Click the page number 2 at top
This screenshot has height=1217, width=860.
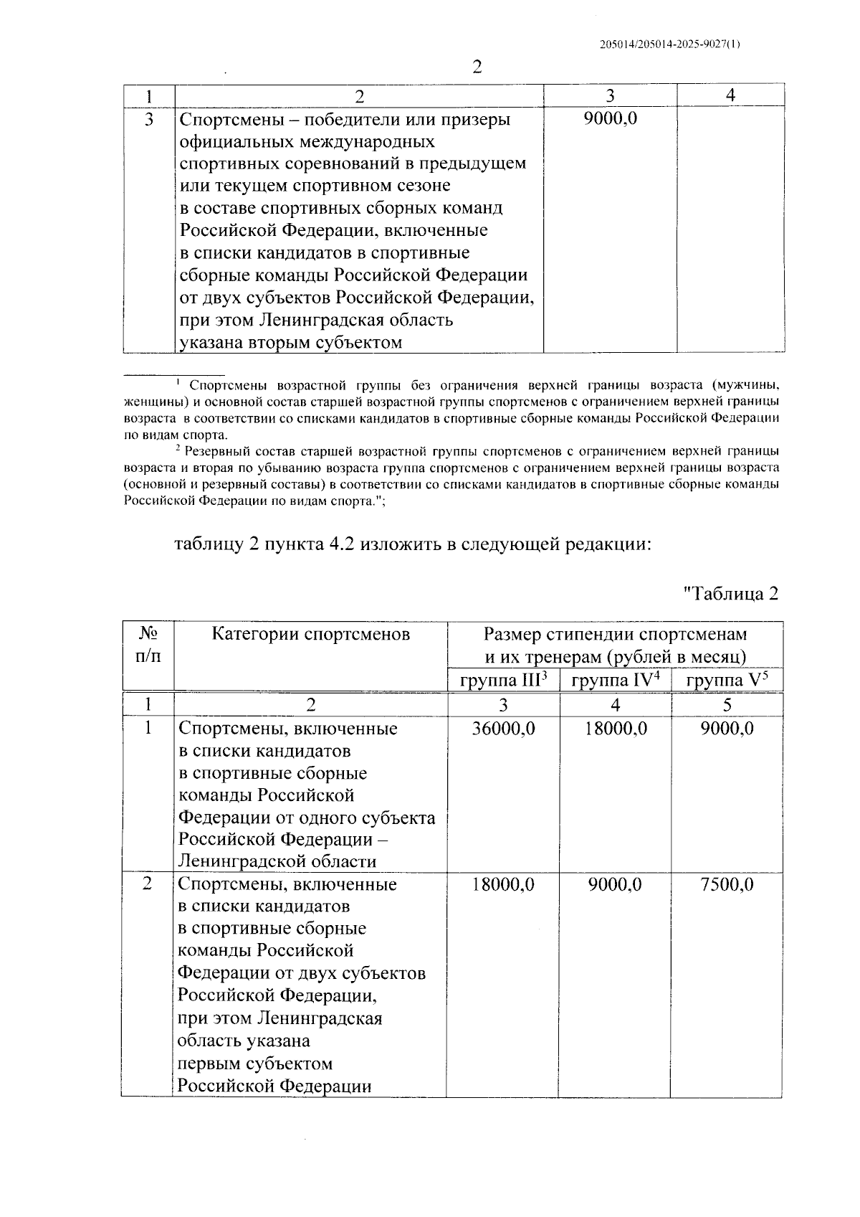[x=477, y=67]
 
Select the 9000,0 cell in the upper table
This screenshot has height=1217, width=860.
[x=610, y=119]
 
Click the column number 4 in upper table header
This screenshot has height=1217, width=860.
[x=730, y=95]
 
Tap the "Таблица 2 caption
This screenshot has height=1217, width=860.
[x=730, y=594]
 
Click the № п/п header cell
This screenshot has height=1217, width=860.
[x=148, y=645]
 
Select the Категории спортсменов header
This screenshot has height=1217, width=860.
[x=310, y=634]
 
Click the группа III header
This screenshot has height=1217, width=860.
[x=503, y=680]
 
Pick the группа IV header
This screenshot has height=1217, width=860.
[x=615, y=680]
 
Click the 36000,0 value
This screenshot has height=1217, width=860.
[x=503, y=729]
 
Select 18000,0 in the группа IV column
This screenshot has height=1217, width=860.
[x=615, y=729]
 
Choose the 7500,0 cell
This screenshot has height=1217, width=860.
[x=727, y=884]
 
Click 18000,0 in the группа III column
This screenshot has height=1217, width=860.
[x=503, y=884]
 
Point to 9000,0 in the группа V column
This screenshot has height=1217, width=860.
[x=727, y=729]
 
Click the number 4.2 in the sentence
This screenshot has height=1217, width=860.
[x=335, y=544]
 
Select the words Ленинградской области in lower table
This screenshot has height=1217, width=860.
[x=277, y=861]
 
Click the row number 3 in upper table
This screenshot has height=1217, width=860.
[x=148, y=119]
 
